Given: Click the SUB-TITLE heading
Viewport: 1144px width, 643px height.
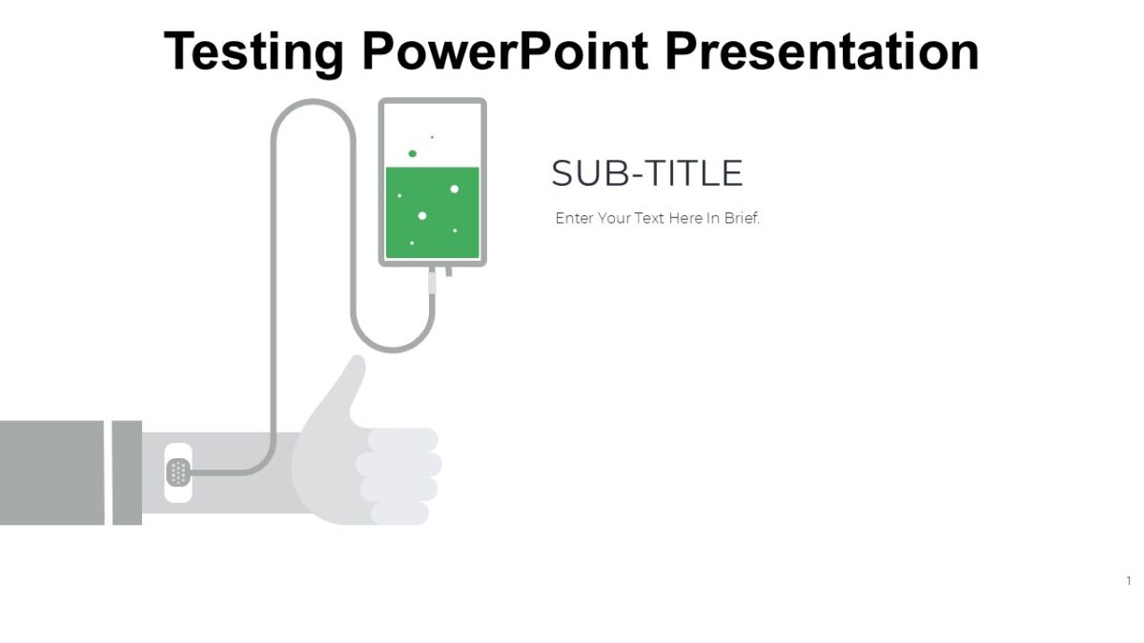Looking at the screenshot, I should (x=646, y=173).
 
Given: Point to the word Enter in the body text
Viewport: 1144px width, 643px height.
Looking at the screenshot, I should (x=574, y=218).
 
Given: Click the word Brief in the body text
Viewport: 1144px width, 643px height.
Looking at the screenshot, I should (x=740, y=218).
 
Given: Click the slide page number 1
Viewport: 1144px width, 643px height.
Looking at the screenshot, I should (x=1129, y=581).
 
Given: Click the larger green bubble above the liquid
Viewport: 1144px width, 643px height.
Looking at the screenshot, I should (x=412, y=153).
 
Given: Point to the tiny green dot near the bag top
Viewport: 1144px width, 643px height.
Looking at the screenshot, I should (x=432, y=137).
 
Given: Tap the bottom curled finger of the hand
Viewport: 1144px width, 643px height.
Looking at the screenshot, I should (x=399, y=513).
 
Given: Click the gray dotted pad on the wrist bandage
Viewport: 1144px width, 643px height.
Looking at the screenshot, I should (x=177, y=472).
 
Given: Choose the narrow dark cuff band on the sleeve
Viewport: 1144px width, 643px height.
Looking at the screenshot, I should (x=127, y=472).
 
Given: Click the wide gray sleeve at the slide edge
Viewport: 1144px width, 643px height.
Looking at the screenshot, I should (x=51, y=472).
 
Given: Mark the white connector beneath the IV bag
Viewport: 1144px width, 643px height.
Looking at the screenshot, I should (x=432, y=281).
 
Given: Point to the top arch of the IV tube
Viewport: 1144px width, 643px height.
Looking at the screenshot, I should (x=313, y=102).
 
